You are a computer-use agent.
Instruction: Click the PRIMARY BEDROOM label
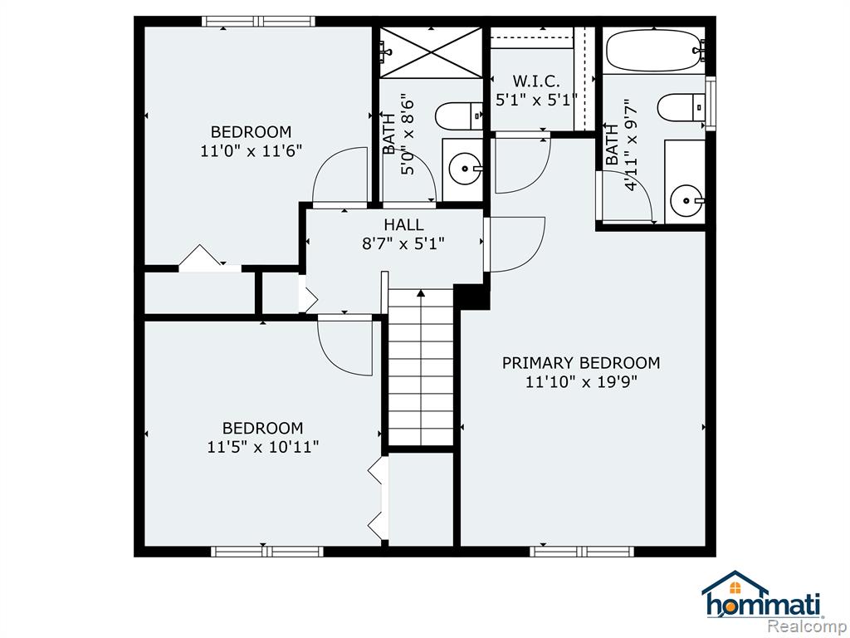click(x=580, y=362)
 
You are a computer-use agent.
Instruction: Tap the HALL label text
click(x=404, y=224)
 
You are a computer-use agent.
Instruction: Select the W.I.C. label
click(x=536, y=81)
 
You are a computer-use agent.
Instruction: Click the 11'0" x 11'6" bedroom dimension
click(x=251, y=151)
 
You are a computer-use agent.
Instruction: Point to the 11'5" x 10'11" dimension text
click(x=263, y=447)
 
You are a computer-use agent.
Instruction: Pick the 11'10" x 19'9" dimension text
click(x=581, y=382)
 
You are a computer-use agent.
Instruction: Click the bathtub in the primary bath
click(x=656, y=51)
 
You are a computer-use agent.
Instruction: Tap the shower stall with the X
click(x=431, y=52)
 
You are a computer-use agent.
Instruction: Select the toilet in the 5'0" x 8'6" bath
click(x=458, y=116)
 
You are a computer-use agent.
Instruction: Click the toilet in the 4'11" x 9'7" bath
click(x=681, y=107)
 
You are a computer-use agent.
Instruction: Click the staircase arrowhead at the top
click(x=421, y=293)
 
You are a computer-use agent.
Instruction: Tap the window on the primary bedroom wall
click(x=582, y=552)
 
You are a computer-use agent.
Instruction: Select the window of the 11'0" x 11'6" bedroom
click(x=259, y=22)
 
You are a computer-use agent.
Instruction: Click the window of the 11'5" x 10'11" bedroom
click(x=267, y=552)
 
